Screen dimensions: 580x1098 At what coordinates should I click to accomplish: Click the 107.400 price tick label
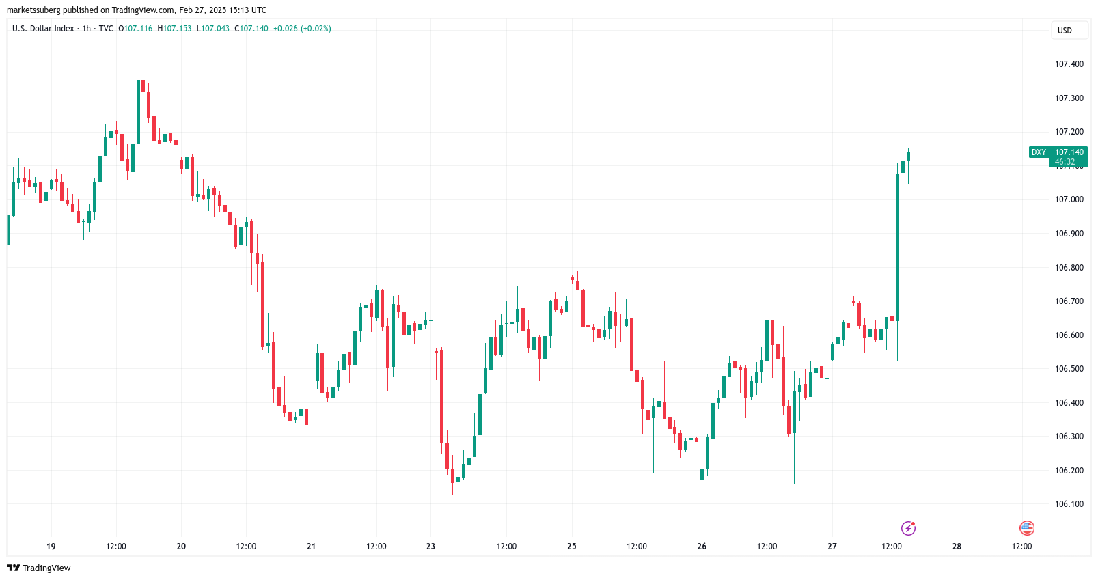pyautogui.click(x=1069, y=64)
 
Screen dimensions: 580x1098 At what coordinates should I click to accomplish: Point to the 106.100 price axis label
pyautogui.click(x=1069, y=504)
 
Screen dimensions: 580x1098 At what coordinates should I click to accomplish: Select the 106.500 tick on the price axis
pyautogui.click(x=1069, y=369)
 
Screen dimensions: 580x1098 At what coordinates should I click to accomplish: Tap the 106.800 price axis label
pyautogui.click(x=1069, y=268)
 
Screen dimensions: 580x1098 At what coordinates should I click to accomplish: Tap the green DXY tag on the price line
pyautogui.click(x=1039, y=152)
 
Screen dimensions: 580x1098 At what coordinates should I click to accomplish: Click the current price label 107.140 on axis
pyautogui.click(x=1069, y=152)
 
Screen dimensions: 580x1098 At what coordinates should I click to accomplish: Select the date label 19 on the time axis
pyautogui.click(x=51, y=547)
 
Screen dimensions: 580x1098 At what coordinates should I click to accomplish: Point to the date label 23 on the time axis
pyautogui.click(x=430, y=547)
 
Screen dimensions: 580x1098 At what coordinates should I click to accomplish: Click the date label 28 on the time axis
pyautogui.click(x=957, y=547)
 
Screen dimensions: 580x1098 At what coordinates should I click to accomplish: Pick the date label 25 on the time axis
pyautogui.click(x=572, y=547)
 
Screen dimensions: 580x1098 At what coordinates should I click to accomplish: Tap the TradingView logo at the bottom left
pyautogui.click(x=39, y=568)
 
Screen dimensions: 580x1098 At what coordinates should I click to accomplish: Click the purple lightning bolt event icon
pyautogui.click(x=908, y=528)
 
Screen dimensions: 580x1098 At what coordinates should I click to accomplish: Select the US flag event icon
pyautogui.click(x=1026, y=528)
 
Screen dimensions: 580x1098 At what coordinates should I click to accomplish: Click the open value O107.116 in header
pyautogui.click(x=135, y=29)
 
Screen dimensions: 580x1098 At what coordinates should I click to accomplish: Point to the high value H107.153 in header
pyautogui.click(x=174, y=29)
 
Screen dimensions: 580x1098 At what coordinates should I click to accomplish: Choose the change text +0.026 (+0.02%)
pyautogui.click(x=302, y=29)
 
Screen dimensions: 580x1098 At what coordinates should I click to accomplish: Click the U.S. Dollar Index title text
pyautogui.click(x=43, y=29)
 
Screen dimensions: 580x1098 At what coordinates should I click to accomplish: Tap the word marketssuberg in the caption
pyautogui.click(x=33, y=10)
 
